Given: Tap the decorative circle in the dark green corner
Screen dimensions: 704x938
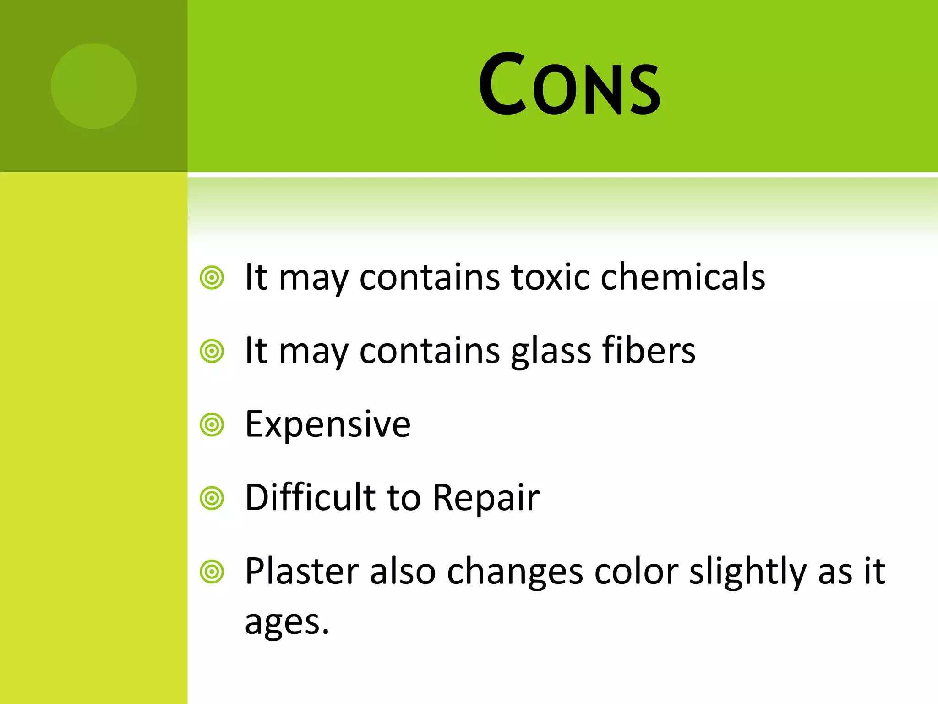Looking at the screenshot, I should pyautogui.click(x=94, y=86).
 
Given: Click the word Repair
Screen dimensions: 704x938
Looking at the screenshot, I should pyautogui.click(x=486, y=499).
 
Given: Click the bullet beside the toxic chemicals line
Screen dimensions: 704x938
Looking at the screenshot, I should pyautogui.click(x=212, y=278).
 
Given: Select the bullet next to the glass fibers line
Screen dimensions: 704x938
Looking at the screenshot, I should pyautogui.click(x=212, y=352).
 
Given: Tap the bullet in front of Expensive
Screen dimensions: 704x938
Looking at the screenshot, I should pyautogui.click(x=212, y=425).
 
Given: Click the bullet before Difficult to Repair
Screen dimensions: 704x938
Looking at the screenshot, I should pyautogui.click(x=212, y=498).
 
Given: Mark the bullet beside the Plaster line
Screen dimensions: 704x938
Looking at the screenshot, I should pyautogui.click(x=212, y=572).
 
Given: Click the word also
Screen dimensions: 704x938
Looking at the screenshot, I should pyautogui.click(x=403, y=572).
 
